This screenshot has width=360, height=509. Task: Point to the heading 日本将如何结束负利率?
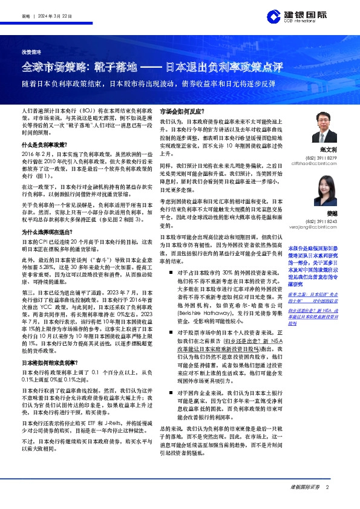47,362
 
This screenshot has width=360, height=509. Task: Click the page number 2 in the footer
327,487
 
